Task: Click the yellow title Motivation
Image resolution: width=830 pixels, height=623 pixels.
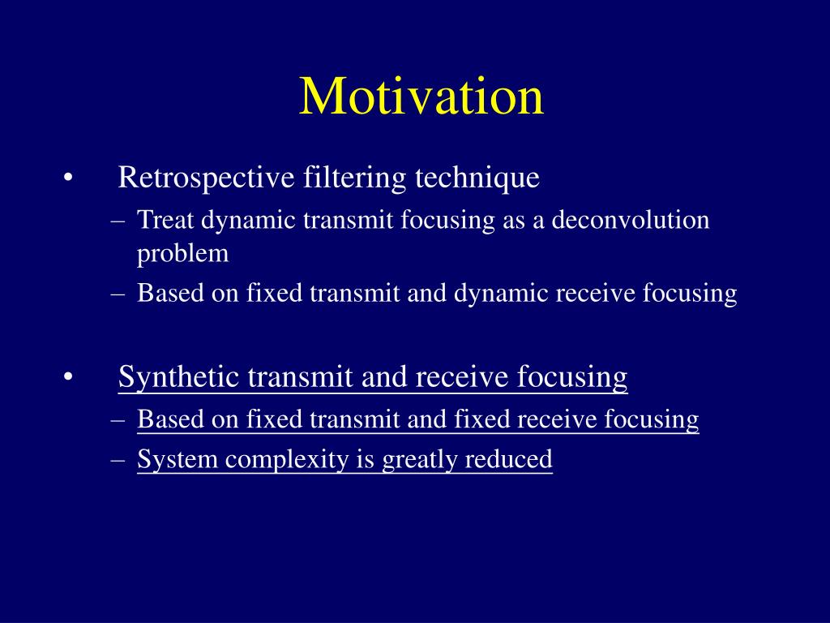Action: coord(421,97)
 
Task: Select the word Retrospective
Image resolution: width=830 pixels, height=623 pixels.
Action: coord(207,178)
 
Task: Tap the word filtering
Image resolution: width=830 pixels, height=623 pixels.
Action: coord(355,178)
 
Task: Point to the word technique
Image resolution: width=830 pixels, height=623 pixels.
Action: coord(477,178)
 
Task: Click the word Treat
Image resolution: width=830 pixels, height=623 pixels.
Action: coord(165,220)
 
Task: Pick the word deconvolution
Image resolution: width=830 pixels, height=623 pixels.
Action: coord(631,220)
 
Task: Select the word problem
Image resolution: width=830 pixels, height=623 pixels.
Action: coord(182,254)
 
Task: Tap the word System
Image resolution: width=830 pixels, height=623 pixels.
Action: coord(178,459)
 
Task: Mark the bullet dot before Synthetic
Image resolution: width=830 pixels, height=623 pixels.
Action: coord(68,378)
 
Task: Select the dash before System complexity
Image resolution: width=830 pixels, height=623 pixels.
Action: coord(118,461)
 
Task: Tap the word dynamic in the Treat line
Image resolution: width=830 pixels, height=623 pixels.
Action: coord(248,221)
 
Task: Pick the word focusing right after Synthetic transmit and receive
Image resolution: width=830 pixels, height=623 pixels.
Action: coord(572,377)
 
